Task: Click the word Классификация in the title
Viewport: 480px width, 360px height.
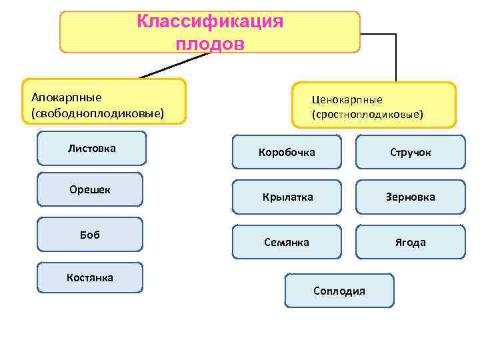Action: click(x=210, y=21)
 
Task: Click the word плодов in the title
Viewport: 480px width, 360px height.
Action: click(x=210, y=44)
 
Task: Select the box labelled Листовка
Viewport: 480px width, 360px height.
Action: click(x=91, y=148)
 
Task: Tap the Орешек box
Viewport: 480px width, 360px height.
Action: click(x=90, y=189)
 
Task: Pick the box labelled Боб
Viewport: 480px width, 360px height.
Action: click(x=90, y=234)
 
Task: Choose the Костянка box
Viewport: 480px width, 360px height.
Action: click(x=90, y=277)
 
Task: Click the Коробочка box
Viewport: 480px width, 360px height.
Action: click(x=287, y=153)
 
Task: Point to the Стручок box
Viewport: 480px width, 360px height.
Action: click(x=411, y=153)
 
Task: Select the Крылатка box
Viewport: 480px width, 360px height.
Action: click(x=287, y=197)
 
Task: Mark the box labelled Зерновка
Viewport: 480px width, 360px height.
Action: click(x=411, y=197)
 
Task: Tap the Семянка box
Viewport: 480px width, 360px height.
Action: click(x=287, y=242)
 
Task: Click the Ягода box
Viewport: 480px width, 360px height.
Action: click(x=411, y=242)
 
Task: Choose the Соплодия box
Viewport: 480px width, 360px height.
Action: click(x=339, y=291)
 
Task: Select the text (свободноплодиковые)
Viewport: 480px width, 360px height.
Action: click(x=97, y=113)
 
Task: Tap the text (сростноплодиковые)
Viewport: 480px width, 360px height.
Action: click(x=367, y=115)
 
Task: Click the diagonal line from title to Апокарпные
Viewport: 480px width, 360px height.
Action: click(x=173, y=65)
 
